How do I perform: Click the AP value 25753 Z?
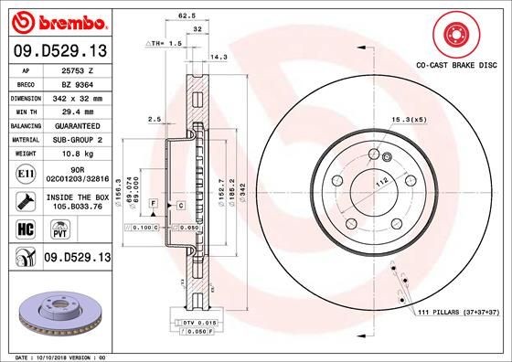73,69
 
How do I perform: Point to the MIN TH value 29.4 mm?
73,111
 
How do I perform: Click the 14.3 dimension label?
219,57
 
